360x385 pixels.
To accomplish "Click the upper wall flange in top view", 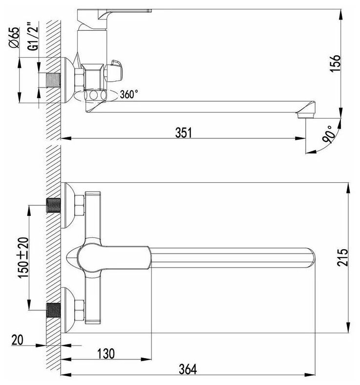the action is [69, 205].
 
